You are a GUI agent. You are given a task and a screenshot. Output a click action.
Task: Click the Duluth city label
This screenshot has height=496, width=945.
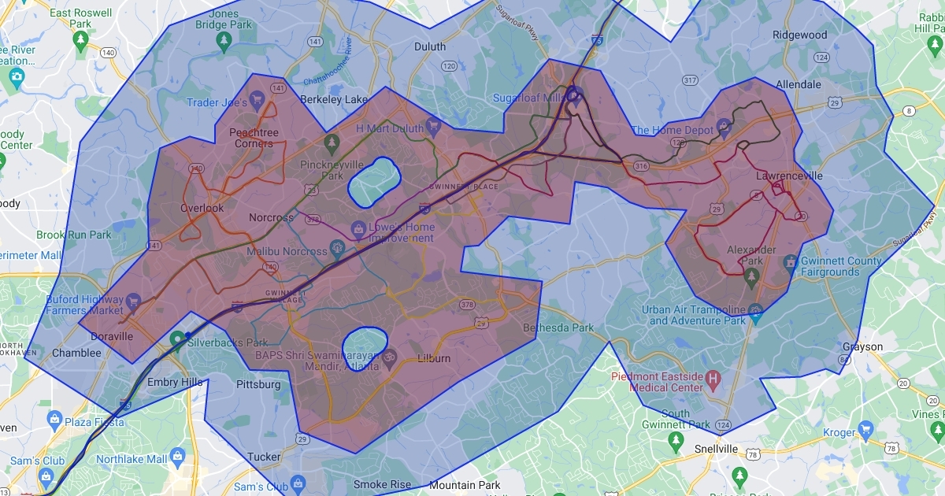click(430, 46)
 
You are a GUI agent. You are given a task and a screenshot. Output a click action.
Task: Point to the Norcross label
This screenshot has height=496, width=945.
click(271, 217)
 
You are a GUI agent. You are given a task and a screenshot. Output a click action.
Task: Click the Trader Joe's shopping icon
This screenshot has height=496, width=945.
click(257, 101)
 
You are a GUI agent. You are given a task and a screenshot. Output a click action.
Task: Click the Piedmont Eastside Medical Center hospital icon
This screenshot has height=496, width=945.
click(714, 379)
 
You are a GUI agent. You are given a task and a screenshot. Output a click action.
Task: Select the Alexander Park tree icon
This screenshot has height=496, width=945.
click(750, 275)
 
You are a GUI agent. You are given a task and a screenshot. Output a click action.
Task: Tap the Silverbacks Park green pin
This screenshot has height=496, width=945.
click(178, 339)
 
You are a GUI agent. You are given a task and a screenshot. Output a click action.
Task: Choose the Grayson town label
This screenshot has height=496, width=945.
click(862, 346)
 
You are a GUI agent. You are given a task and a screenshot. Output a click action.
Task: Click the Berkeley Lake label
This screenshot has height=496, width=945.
click(334, 99)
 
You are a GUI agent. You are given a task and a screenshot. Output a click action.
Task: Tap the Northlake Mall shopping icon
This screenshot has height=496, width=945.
click(177, 457)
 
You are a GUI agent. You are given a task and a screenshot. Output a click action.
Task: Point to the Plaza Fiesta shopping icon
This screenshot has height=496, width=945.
click(54, 417)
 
